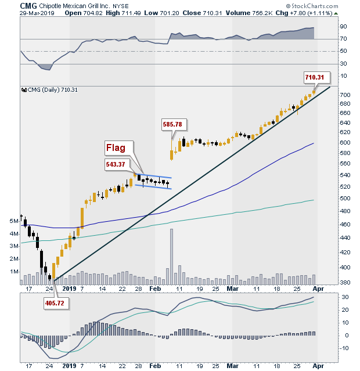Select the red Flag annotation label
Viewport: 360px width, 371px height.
(x=118, y=148)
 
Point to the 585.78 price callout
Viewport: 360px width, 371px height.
(x=172, y=124)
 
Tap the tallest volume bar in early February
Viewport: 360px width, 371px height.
(x=171, y=256)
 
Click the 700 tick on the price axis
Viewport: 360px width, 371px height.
(x=344, y=95)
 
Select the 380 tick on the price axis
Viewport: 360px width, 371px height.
(x=344, y=283)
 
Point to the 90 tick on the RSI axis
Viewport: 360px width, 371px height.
(x=343, y=27)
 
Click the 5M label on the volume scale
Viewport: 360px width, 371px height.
(x=13, y=221)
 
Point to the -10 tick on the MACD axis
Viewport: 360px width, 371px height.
(x=344, y=348)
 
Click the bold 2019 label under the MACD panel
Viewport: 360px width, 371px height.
(x=69, y=366)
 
